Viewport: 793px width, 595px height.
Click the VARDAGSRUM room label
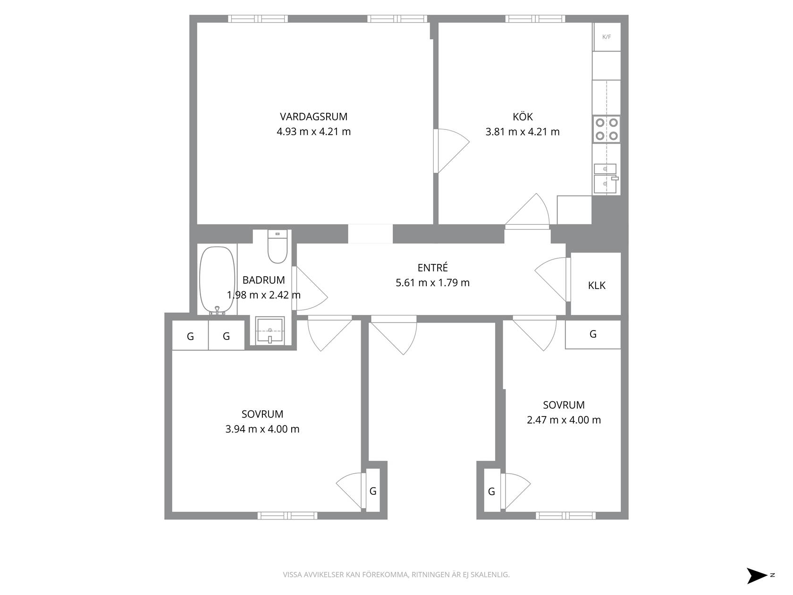(x=313, y=117)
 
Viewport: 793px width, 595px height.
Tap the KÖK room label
(x=523, y=116)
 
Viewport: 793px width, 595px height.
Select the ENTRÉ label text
(x=432, y=267)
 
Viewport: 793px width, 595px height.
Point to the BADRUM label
(x=263, y=280)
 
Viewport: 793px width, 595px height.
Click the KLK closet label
(x=597, y=285)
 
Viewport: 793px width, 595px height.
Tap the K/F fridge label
(x=607, y=37)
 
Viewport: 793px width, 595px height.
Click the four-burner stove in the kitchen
(x=607, y=129)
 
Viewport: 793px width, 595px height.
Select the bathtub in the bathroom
(x=217, y=280)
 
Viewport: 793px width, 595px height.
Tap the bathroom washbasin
(x=270, y=330)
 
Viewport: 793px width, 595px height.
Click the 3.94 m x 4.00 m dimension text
(x=262, y=429)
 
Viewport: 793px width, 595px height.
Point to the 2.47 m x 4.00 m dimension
(x=564, y=420)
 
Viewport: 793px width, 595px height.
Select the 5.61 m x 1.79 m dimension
(x=432, y=282)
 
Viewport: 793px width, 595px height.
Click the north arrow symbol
(x=757, y=576)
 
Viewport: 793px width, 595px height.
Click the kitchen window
(x=535, y=19)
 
